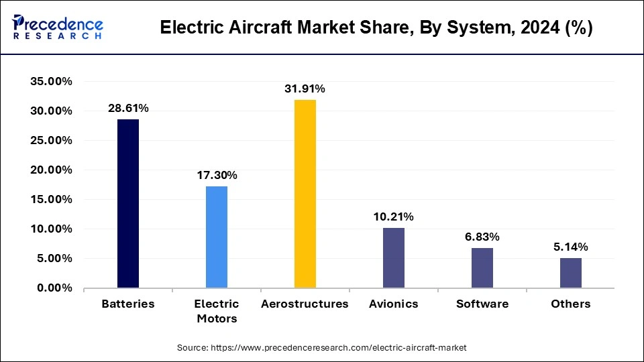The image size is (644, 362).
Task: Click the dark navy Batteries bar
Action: click(x=128, y=204)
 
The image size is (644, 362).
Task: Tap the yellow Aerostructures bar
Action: click(x=305, y=194)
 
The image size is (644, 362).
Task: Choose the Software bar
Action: click(x=482, y=267)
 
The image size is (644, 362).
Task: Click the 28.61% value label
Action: click(x=128, y=108)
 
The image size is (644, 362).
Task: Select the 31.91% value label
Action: click(x=305, y=88)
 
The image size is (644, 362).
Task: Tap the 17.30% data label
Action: click(x=217, y=175)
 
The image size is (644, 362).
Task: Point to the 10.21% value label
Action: click(x=394, y=217)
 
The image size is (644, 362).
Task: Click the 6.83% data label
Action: click(x=482, y=237)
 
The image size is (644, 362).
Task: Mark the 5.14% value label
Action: click(x=571, y=247)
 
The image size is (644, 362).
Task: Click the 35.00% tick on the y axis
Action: click(x=51, y=81)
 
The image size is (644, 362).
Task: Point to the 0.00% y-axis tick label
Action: click(x=54, y=288)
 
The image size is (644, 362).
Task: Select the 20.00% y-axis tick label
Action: click(x=51, y=170)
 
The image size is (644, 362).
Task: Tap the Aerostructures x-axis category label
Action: click(x=305, y=304)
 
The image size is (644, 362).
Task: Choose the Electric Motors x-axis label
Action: click(x=217, y=311)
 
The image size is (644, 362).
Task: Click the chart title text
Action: click(x=376, y=29)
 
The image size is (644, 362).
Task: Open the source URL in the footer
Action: click(x=322, y=348)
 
